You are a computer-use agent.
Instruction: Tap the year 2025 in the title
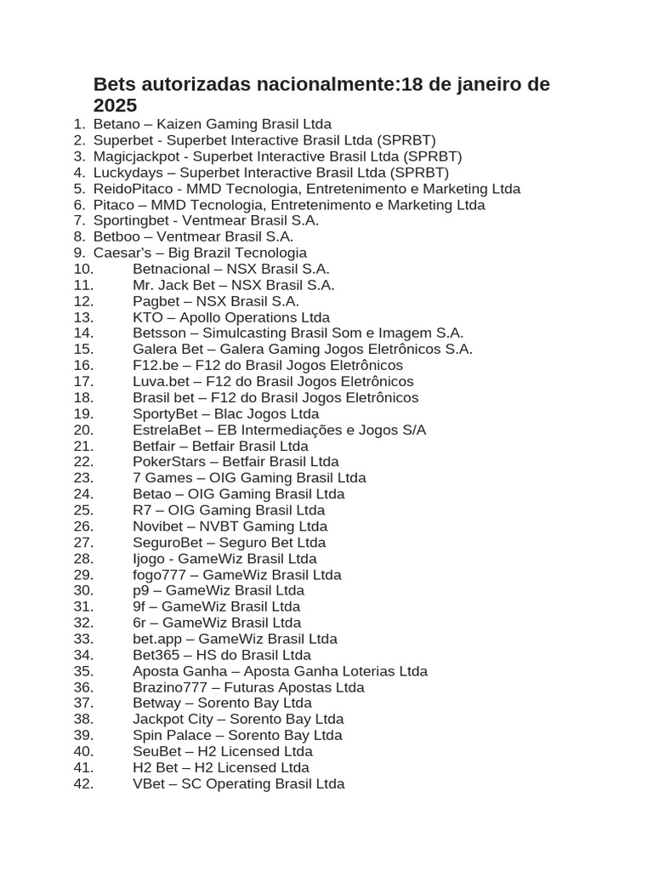(115, 105)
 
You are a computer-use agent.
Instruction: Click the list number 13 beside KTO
(82, 317)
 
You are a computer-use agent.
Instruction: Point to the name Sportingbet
(130, 220)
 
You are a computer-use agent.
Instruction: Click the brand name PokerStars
(164, 462)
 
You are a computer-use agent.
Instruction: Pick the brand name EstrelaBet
(167, 430)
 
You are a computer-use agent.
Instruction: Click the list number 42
(82, 783)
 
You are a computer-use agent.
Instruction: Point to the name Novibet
(159, 527)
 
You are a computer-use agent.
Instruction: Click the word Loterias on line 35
(368, 671)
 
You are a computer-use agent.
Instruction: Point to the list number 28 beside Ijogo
(82, 559)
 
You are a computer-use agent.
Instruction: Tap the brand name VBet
(148, 783)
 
